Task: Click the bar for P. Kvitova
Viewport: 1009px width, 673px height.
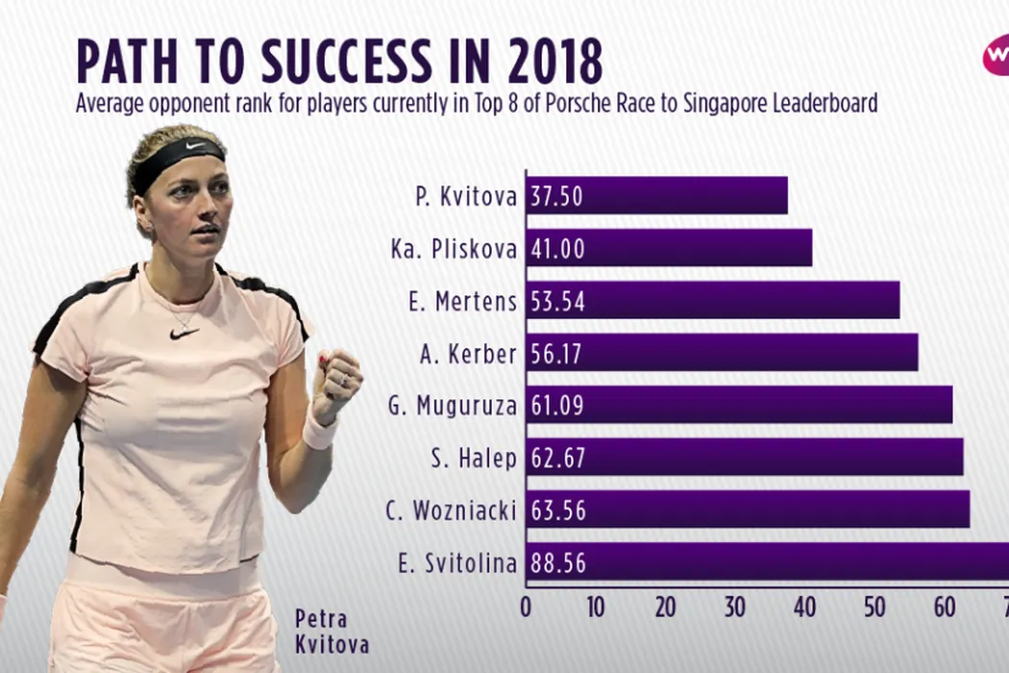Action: [656, 196]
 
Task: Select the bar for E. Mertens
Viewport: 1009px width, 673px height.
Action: [712, 300]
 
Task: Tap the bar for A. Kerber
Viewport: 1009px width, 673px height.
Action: [721, 353]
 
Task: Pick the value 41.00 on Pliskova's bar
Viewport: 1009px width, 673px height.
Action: [557, 248]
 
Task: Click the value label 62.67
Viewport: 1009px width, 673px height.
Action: [557, 458]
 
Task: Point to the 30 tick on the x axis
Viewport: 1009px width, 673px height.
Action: [735, 609]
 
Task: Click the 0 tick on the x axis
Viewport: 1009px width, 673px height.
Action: [526, 609]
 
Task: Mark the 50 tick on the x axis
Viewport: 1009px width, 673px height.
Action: [874, 609]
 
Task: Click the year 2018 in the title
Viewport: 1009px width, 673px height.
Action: [546, 62]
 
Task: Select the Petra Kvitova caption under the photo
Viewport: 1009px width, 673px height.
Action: [332, 631]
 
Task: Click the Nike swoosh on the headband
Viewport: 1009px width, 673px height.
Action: [196, 145]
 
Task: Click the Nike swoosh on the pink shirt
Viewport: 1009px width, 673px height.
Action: [184, 333]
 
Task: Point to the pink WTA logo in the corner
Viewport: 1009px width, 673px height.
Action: [995, 56]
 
